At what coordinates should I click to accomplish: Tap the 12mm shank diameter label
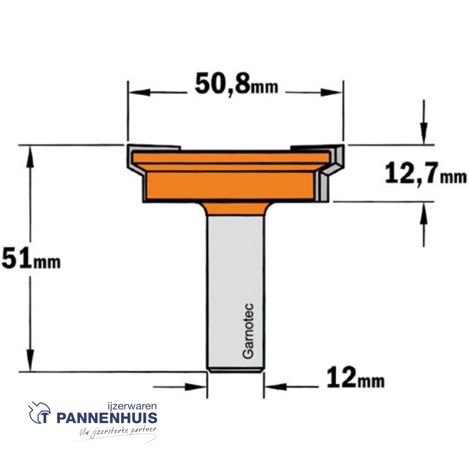tap(355, 378)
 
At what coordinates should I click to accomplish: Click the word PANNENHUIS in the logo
tap(107, 419)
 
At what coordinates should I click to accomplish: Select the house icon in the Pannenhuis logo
tap(40, 413)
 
